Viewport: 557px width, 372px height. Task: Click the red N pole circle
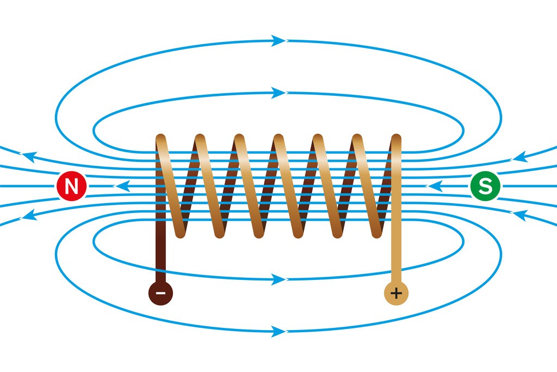point(71,187)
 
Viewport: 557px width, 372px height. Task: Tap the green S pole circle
point(485,186)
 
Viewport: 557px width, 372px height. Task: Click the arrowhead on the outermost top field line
point(278,40)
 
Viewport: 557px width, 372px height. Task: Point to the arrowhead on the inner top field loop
point(278,93)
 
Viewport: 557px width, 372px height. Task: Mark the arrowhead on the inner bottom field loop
point(278,279)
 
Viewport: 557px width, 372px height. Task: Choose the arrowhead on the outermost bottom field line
point(278,331)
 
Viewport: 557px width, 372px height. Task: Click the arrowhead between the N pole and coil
point(122,186)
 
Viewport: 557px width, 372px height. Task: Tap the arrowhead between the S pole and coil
point(435,186)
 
